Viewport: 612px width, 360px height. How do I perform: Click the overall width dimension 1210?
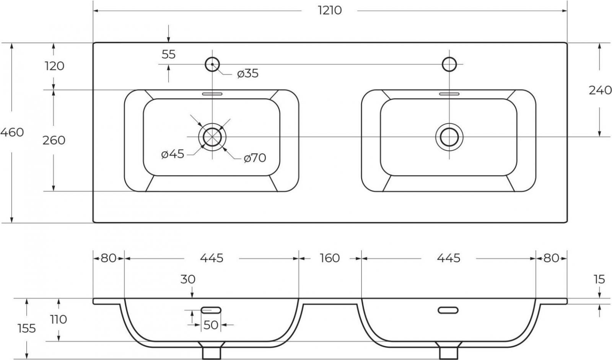330,10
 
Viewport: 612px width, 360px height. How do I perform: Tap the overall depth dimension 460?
12,132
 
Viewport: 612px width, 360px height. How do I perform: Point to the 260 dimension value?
54,140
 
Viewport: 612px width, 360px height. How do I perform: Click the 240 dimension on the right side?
600,90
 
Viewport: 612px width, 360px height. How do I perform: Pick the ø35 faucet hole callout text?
248,73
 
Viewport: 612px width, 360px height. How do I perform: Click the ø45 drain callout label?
173,154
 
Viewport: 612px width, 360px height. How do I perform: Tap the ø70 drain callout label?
255,158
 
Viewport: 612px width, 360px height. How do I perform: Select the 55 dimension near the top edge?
168,54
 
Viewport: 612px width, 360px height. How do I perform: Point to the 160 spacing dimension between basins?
330,258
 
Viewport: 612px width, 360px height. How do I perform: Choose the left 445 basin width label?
212,258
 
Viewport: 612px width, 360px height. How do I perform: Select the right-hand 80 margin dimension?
551,258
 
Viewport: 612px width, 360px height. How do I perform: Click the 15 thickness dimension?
599,279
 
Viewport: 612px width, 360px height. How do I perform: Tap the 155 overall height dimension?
27,328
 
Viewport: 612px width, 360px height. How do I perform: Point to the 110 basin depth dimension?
59,319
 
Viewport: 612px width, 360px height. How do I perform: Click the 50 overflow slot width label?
211,325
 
